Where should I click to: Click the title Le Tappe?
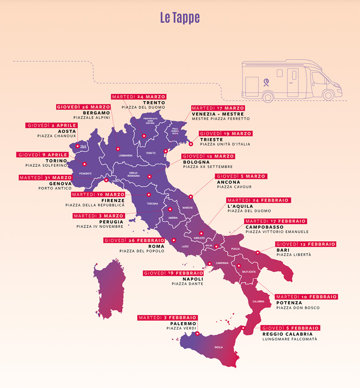(x=180, y=18)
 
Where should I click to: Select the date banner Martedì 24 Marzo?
(x=138, y=97)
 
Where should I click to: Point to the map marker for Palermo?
(x=197, y=333)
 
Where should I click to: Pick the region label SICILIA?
(x=218, y=347)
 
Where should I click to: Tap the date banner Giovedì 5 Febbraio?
(x=291, y=328)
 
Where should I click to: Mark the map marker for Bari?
(x=258, y=252)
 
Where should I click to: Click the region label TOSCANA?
(x=152, y=204)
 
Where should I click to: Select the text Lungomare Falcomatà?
(x=290, y=339)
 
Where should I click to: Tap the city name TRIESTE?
(x=212, y=139)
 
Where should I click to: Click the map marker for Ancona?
(x=191, y=196)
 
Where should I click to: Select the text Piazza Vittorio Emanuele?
(x=277, y=232)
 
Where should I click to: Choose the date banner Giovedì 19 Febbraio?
(x=173, y=273)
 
